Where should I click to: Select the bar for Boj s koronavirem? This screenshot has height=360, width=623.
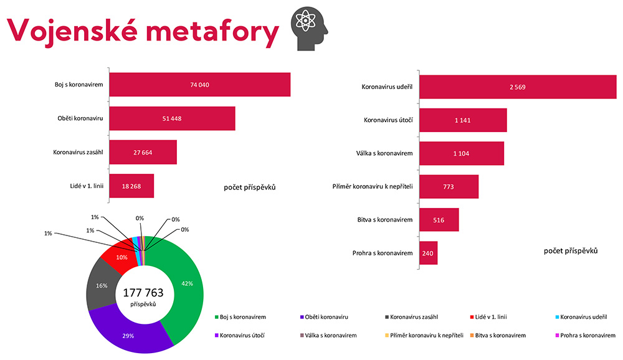coord(199,85)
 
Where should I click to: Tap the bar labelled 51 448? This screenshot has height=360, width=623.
coord(172,118)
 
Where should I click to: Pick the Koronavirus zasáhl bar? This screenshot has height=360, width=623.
coord(143,152)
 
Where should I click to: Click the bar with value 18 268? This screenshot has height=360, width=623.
coord(131,186)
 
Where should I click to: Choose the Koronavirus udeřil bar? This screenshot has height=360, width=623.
coord(517,87)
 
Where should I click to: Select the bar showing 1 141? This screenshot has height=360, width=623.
coord(463,120)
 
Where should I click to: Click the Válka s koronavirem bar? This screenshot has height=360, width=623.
coord(461,153)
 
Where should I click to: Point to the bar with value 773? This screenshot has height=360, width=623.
coord(449,187)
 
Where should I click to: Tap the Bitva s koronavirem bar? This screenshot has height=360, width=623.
coord(439,220)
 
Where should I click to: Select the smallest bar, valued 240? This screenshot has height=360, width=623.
coord(428,253)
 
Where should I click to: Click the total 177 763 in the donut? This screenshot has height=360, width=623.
coord(145,293)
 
